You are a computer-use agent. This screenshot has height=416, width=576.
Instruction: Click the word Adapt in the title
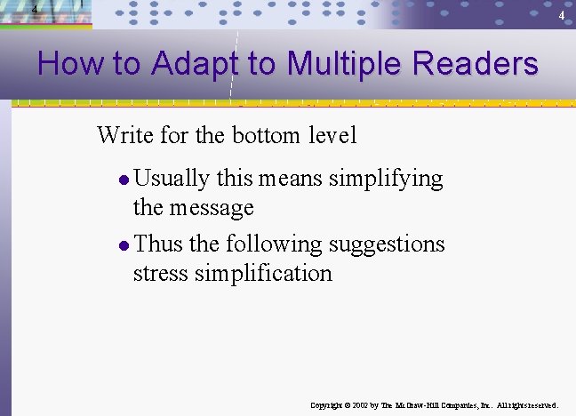point(195,65)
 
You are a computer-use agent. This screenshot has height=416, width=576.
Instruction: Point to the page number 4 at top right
point(561,17)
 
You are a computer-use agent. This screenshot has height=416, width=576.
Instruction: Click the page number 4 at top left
point(34,10)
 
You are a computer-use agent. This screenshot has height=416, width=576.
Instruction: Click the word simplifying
point(386,179)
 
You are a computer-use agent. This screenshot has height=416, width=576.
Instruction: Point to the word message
point(212,208)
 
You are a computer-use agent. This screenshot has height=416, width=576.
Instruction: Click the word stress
point(160,273)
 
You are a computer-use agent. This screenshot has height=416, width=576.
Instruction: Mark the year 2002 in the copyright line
point(361,405)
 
